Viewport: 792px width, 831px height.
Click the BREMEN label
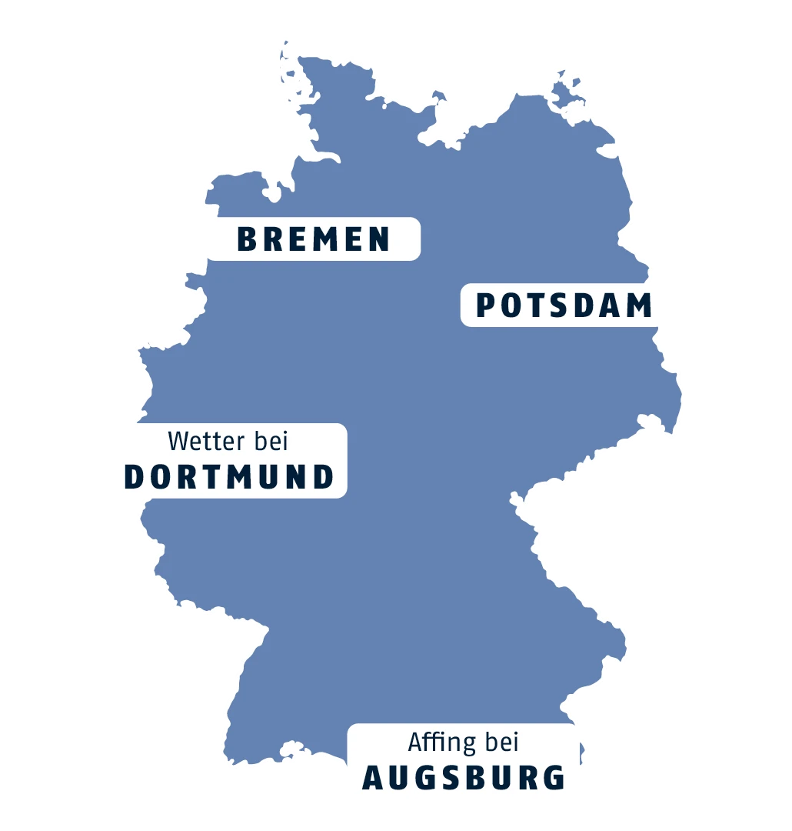(x=313, y=239)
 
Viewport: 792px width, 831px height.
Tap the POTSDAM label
(x=564, y=305)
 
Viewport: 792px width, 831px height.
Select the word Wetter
(x=202, y=442)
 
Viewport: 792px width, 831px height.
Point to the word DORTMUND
(x=229, y=477)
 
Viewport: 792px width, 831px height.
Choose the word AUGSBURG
(x=464, y=778)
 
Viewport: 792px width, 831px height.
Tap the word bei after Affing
(x=501, y=743)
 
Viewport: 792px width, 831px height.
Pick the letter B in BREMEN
(x=246, y=239)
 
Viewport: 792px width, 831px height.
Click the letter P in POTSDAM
(x=485, y=305)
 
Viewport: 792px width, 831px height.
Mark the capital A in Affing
(x=416, y=743)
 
